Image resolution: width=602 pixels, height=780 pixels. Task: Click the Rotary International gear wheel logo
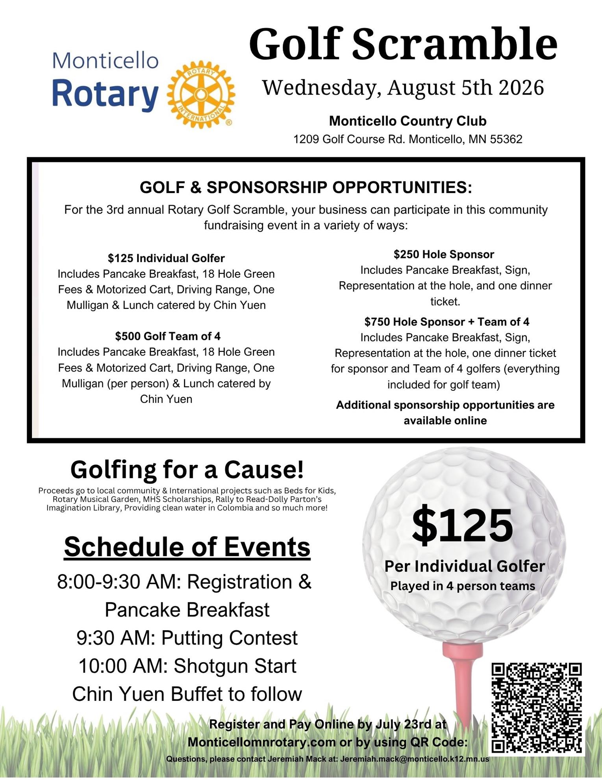201,95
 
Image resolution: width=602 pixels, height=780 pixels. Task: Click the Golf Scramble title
403,44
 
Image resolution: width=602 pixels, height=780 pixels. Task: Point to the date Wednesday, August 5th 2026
403,87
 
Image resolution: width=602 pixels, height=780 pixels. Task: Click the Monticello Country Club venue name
408,121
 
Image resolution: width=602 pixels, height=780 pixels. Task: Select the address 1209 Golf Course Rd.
408,139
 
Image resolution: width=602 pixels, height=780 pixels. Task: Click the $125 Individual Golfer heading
166,258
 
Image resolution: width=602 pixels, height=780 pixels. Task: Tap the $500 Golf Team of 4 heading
168,336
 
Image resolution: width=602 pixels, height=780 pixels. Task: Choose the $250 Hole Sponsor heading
444,254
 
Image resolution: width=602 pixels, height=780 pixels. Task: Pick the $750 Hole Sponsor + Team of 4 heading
446,322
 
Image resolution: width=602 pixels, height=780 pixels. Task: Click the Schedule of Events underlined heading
187,547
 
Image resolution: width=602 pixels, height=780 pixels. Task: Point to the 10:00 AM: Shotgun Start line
187,666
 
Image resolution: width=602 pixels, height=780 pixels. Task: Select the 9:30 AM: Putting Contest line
187,638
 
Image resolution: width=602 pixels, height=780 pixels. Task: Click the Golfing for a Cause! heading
187,470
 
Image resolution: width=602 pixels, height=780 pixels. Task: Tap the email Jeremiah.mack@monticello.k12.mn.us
415,759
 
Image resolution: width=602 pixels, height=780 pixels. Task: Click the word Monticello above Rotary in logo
106,61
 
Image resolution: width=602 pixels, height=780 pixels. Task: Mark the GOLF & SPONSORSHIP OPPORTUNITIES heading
306,188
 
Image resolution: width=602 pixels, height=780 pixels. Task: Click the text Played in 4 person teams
463,586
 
